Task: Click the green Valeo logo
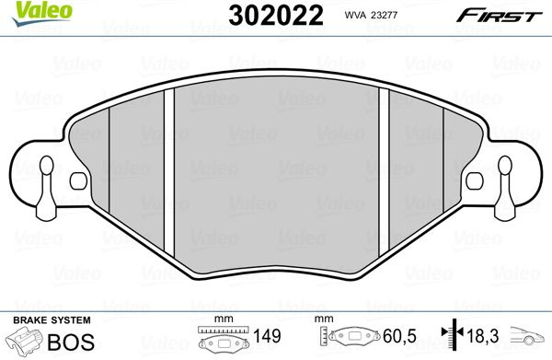coord(42,14)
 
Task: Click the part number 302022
coord(276,16)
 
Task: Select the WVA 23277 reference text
coord(371,15)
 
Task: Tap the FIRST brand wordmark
coord(499,16)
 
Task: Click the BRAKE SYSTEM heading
coord(52,320)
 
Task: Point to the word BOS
coord(71,342)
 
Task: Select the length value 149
coord(267,336)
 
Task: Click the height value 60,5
coord(399,336)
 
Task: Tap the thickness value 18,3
coord(483,336)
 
